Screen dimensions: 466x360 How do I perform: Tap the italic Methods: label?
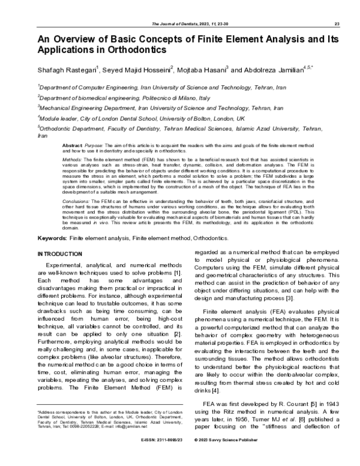74,160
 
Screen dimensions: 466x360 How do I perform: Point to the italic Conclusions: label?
77,201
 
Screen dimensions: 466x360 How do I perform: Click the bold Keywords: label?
52,238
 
